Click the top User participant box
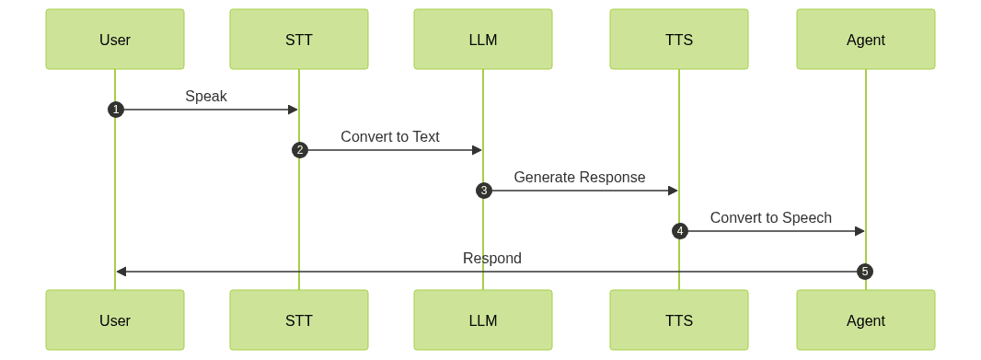[x=115, y=40]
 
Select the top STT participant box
[x=299, y=40]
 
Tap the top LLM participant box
[x=483, y=40]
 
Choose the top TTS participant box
[x=679, y=40]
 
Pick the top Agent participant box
[x=865, y=40]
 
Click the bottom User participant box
[x=115, y=320]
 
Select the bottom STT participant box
[x=299, y=320]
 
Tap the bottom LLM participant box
[x=483, y=320]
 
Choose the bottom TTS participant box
[x=679, y=320]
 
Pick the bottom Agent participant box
[x=865, y=320]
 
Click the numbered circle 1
[x=115, y=110]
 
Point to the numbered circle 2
[x=299, y=150]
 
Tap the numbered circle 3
[x=484, y=191]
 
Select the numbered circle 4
[x=679, y=231]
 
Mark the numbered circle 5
[x=864, y=272]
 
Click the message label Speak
[x=206, y=96]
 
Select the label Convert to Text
[x=390, y=136]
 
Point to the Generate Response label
[x=580, y=177]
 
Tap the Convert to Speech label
[x=771, y=217]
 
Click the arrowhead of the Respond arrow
[x=121, y=272]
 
